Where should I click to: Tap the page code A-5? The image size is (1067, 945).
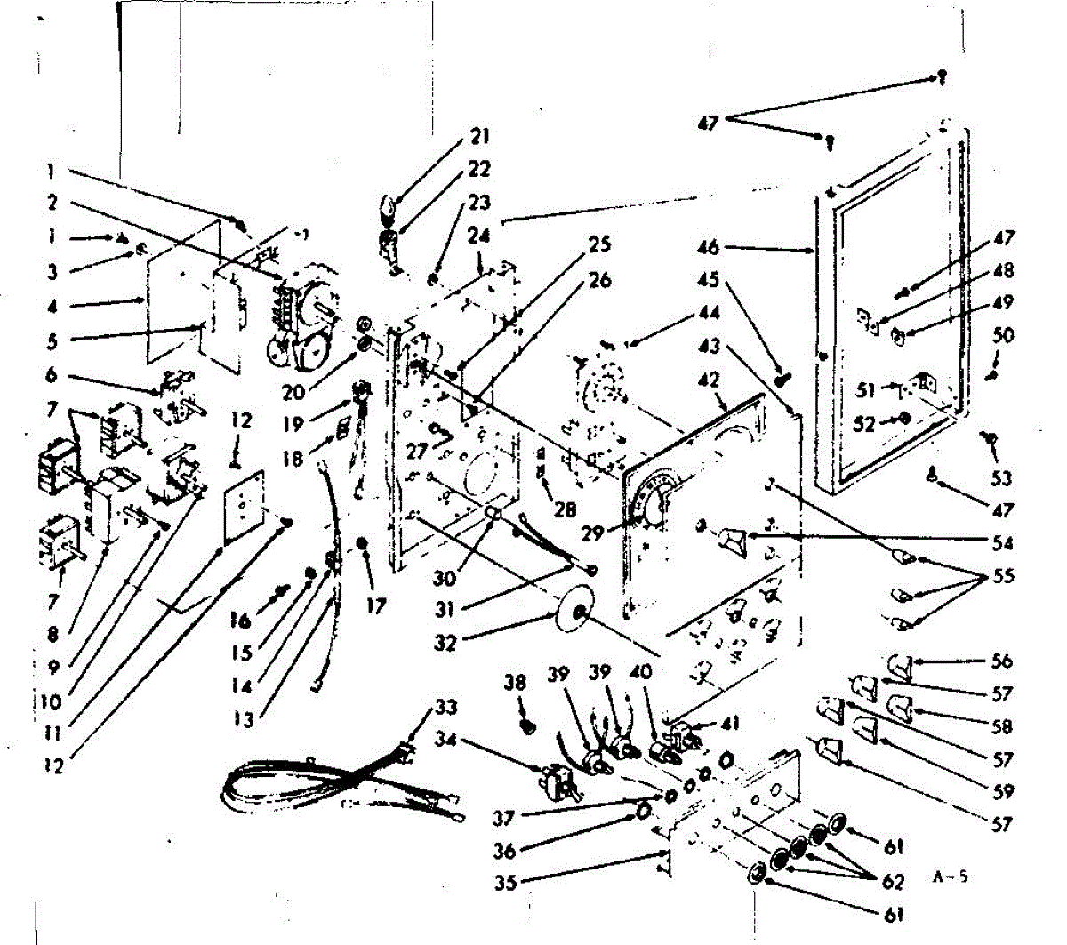(950, 876)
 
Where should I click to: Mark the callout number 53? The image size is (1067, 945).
(1001, 478)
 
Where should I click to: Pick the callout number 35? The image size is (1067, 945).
(506, 883)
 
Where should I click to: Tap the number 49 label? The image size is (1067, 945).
(1003, 302)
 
